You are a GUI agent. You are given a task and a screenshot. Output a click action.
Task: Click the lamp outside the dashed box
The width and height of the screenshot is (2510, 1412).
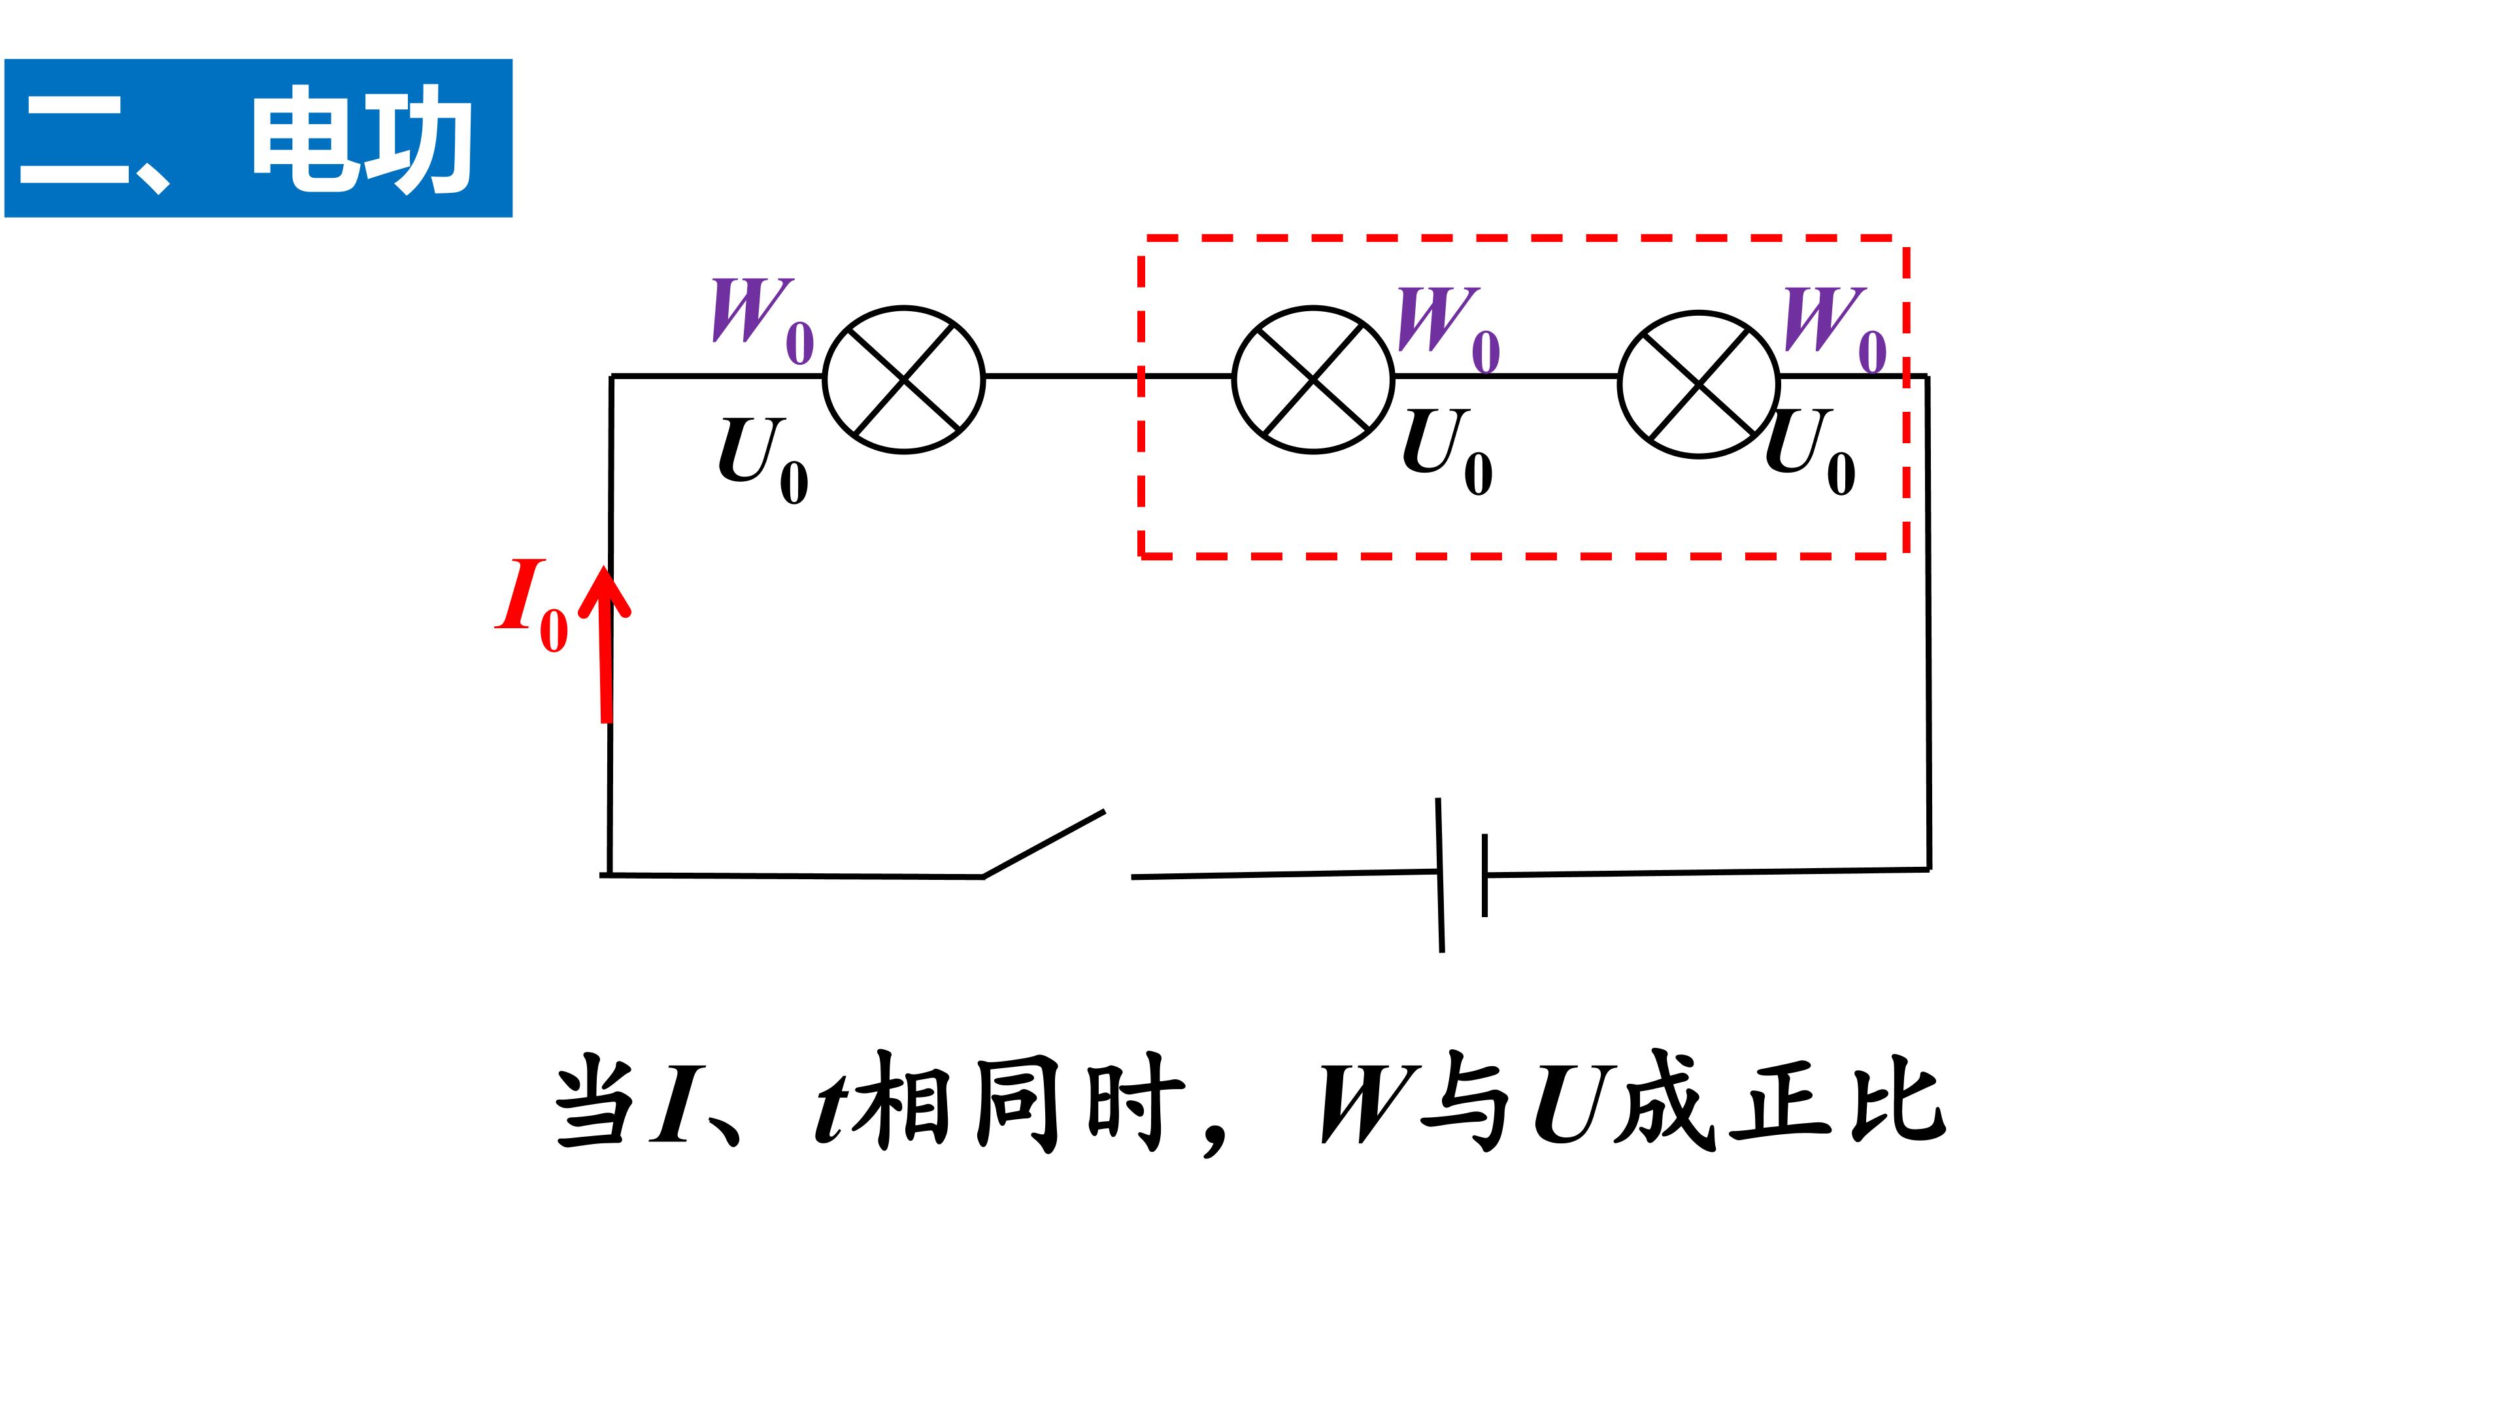click(904, 380)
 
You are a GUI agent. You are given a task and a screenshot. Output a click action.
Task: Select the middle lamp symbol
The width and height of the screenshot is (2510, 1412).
click(1313, 380)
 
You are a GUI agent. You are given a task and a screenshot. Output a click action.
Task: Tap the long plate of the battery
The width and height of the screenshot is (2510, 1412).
click(1440, 874)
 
